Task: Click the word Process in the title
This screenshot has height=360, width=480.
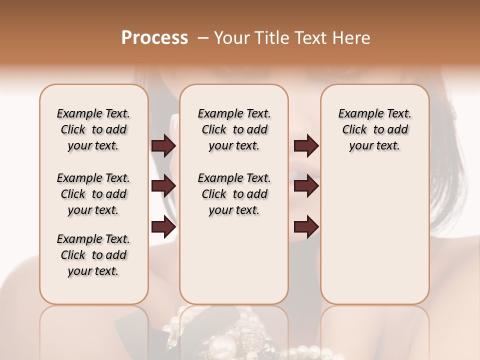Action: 154,38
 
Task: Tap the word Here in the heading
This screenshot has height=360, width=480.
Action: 353,38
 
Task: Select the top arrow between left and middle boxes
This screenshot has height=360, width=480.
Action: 163,145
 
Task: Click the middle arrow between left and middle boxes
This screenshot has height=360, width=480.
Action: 163,186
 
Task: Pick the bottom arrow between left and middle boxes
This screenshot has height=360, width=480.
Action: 163,227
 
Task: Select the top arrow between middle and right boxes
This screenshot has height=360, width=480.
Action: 306,145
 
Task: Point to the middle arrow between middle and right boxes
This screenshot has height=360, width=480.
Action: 306,186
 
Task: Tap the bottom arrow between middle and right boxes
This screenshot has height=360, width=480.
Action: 306,227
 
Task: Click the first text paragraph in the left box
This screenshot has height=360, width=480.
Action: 93,129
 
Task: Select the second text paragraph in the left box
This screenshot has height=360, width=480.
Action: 93,194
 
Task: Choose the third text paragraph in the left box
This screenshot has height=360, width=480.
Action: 93,255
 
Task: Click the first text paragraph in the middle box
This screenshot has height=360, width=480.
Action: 234,129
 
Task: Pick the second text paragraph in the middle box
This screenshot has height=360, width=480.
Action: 234,194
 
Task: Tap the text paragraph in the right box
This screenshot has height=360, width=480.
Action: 374,129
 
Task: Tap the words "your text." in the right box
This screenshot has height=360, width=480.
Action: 374,146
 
